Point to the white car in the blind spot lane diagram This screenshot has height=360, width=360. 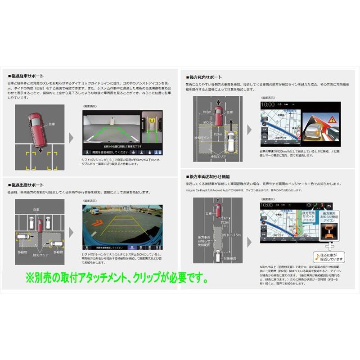tap(230, 140)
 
